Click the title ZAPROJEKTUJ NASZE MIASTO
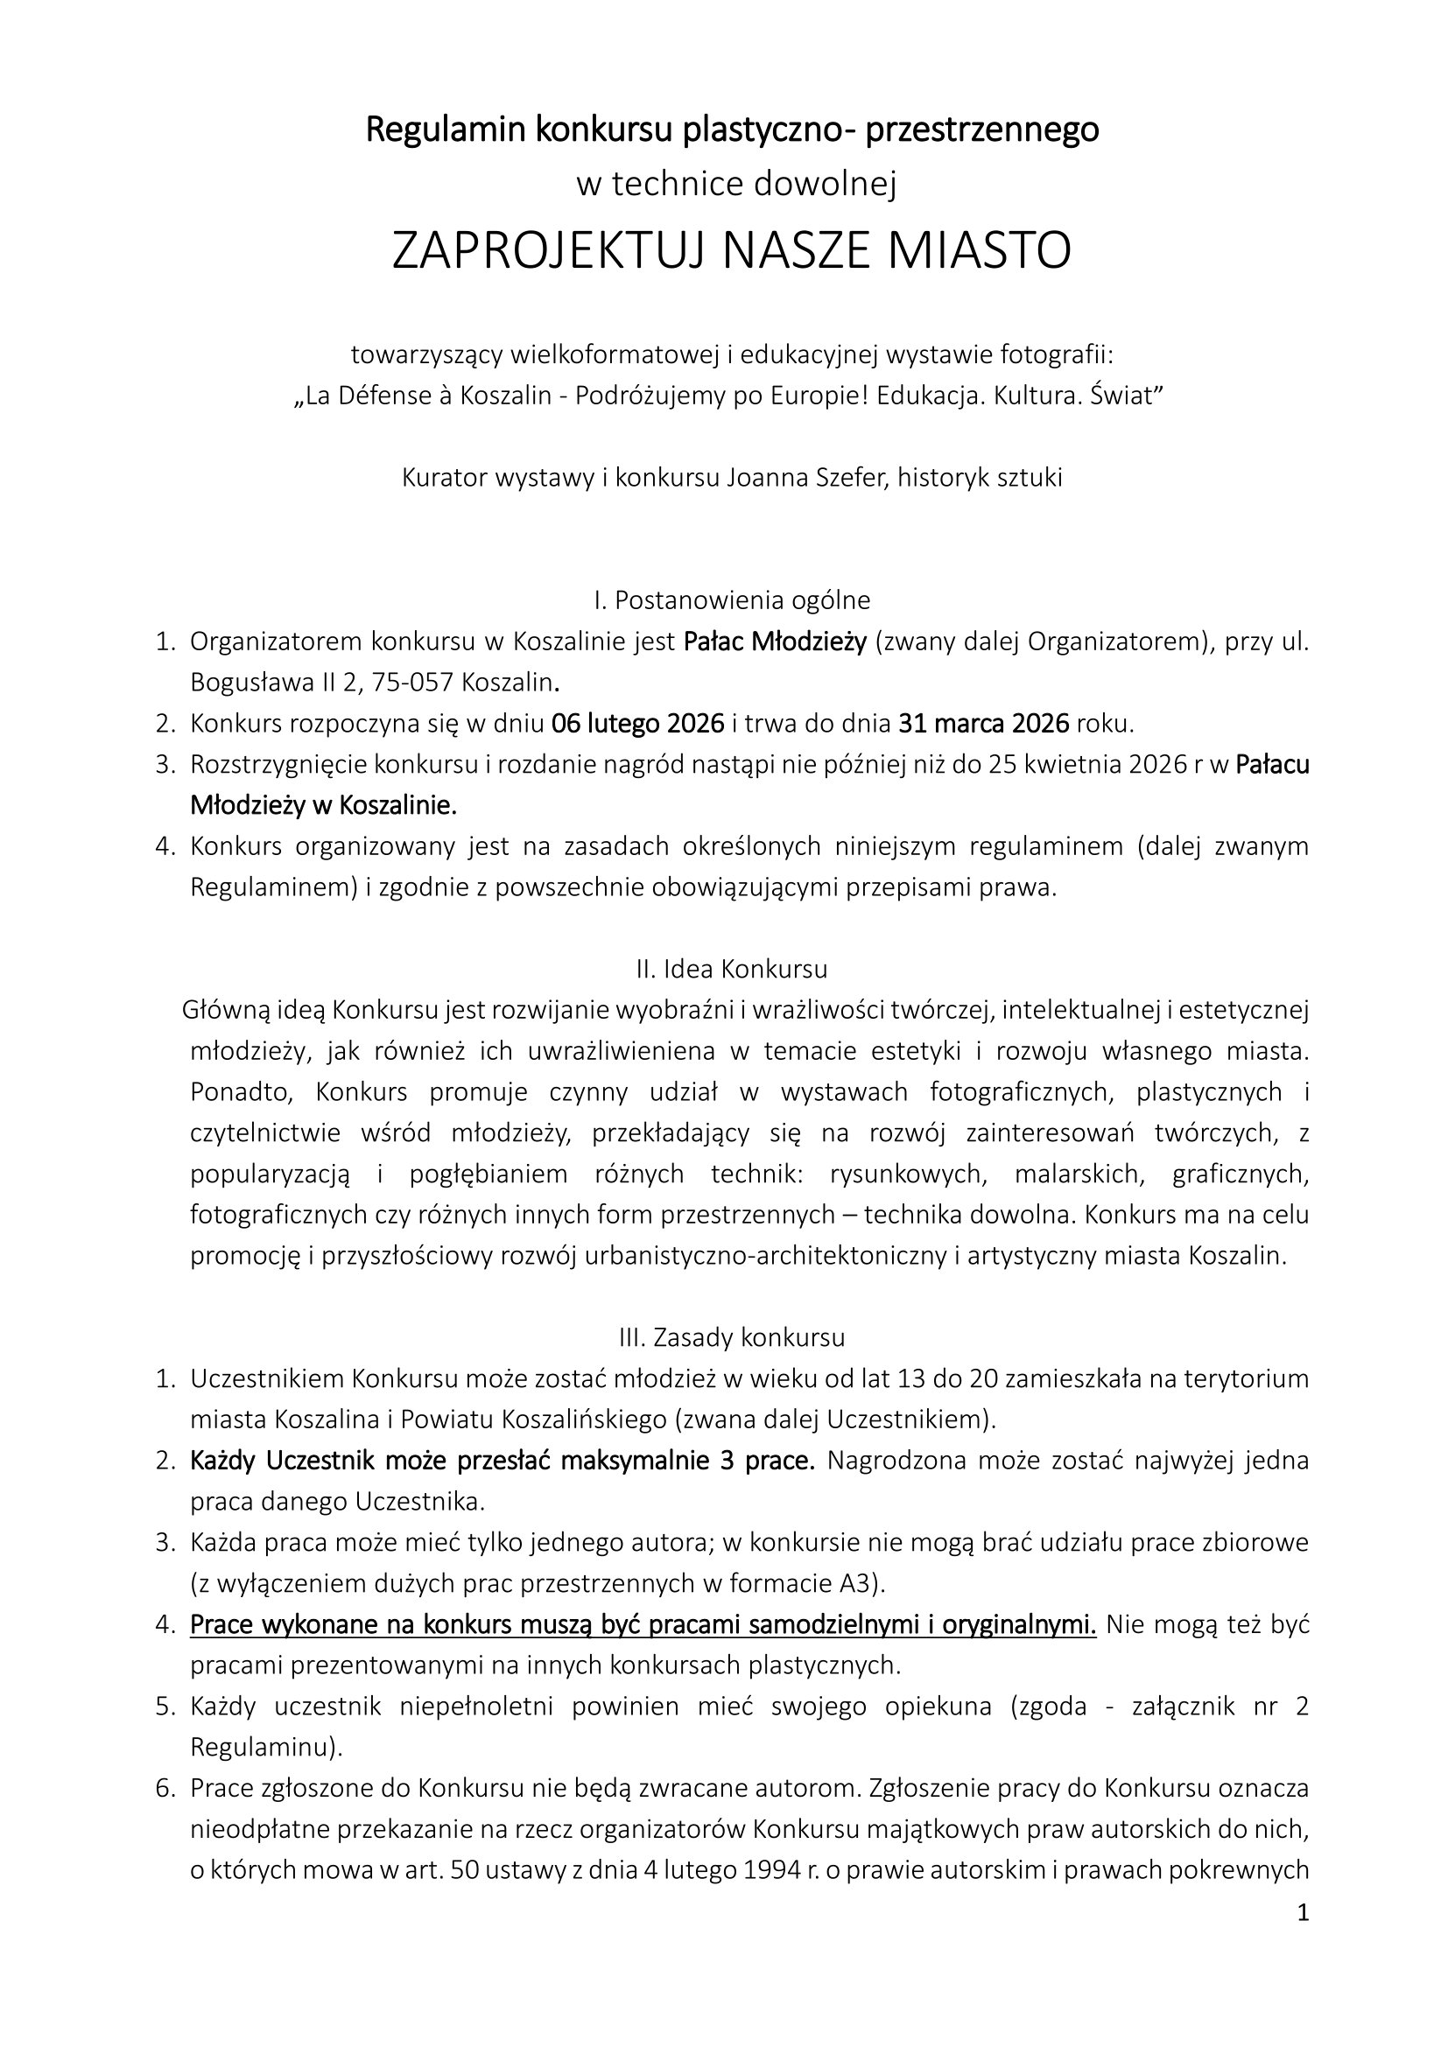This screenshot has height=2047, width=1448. click(x=731, y=250)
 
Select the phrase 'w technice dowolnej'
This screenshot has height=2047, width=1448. click(x=735, y=184)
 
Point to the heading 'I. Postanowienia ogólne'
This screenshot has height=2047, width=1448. click(x=732, y=600)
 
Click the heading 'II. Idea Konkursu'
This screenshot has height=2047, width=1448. click(x=732, y=969)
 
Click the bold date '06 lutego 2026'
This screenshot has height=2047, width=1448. click(x=637, y=723)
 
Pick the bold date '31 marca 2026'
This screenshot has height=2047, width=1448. click(x=983, y=723)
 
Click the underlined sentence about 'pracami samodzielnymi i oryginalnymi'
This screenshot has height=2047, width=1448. click(x=643, y=1625)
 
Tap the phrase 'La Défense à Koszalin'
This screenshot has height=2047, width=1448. click(x=429, y=396)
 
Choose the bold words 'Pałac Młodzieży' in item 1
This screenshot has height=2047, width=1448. click(x=775, y=641)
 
